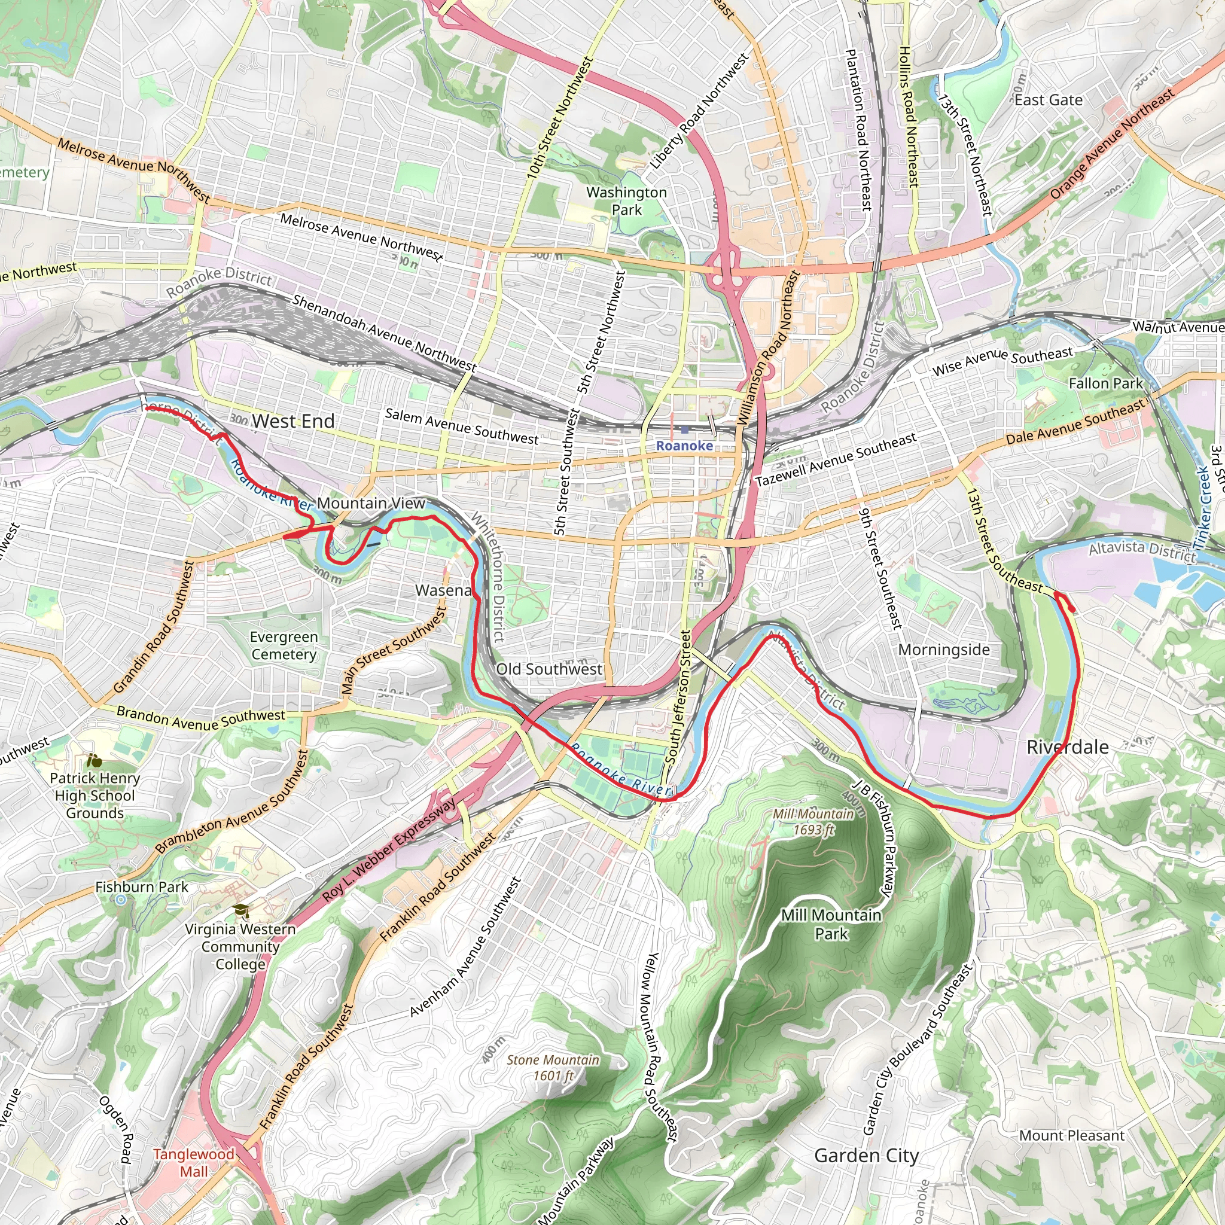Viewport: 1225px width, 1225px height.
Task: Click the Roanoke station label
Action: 684,446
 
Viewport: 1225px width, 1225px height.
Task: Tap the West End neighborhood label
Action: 293,421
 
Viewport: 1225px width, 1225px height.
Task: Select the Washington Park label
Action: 626,201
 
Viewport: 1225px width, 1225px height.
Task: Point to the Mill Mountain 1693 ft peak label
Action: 813,822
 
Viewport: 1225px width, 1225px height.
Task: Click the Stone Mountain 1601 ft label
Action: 552,1068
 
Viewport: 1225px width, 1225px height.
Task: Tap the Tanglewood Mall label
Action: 193,1163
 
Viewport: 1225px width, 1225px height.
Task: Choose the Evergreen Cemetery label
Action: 284,645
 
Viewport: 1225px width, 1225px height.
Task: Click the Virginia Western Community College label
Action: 240,947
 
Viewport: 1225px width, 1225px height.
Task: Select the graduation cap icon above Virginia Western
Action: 241,911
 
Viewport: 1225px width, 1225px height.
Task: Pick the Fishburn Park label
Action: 142,887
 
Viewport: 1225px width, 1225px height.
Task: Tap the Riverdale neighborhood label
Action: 1068,747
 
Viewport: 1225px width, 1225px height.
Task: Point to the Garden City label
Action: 866,1155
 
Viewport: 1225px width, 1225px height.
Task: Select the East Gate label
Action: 1048,100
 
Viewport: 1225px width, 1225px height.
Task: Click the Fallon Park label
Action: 1105,383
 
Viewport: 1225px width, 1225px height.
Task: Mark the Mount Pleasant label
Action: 1071,1136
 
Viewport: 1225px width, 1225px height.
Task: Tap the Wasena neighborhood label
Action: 443,590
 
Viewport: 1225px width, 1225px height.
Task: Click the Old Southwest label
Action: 549,669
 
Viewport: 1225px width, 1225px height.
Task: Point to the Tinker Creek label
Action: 1203,507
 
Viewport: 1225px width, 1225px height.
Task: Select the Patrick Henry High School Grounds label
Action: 95,795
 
